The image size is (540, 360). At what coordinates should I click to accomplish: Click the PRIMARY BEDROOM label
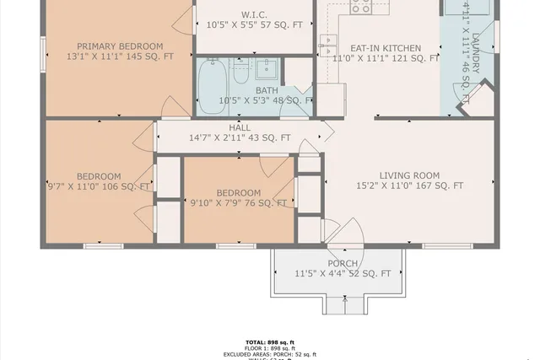(x=120, y=46)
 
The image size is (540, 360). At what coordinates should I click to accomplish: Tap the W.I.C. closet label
(x=254, y=14)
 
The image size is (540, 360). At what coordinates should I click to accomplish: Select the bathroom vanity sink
(x=270, y=68)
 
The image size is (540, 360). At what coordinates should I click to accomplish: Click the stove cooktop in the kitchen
(x=359, y=8)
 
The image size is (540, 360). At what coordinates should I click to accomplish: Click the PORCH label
(x=343, y=263)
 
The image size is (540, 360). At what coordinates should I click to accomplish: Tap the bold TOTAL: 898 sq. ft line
(x=270, y=342)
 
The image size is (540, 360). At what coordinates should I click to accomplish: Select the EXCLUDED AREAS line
(x=270, y=354)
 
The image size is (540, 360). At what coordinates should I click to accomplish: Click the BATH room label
(x=267, y=90)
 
